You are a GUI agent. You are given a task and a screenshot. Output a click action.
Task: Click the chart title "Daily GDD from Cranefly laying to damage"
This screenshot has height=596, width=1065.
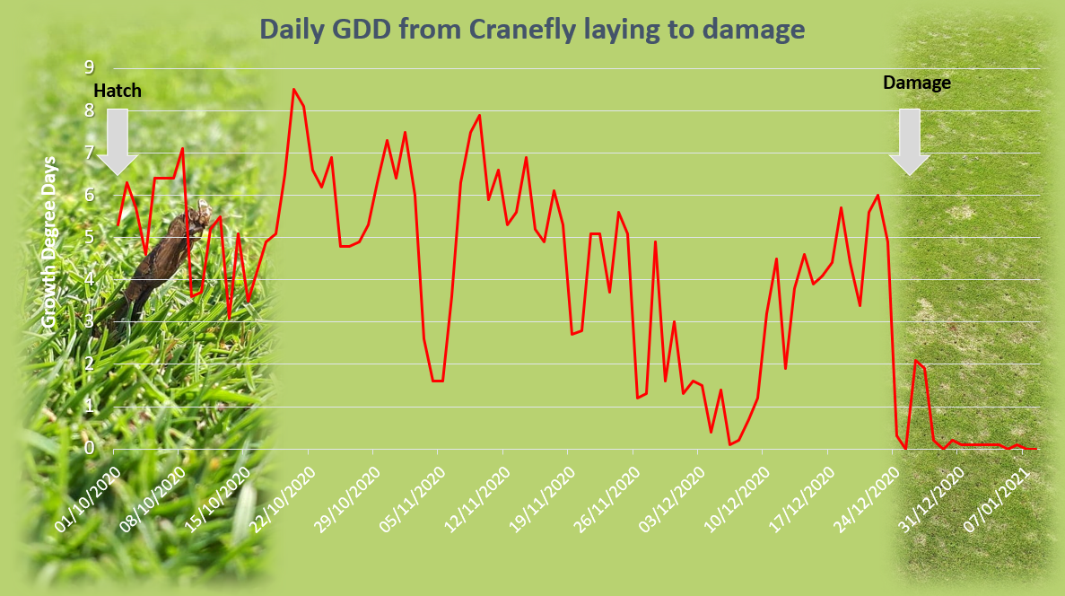pos(532,30)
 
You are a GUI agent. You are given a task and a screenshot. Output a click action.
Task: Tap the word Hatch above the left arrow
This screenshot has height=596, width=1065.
pos(118,91)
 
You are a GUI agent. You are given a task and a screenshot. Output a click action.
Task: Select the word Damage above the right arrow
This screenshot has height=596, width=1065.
pos(916,83)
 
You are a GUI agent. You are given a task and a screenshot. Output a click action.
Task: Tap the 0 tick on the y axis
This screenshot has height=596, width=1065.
pos(89,448)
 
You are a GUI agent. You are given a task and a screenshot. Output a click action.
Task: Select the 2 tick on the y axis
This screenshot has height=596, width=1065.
pos(89,364)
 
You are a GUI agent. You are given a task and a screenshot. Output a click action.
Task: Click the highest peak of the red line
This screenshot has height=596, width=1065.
pos(293,89)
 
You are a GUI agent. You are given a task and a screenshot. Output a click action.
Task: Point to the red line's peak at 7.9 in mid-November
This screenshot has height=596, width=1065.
pos(479,116)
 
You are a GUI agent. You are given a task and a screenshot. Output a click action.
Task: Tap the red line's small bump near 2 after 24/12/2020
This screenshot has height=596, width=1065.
pos(916,361)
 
